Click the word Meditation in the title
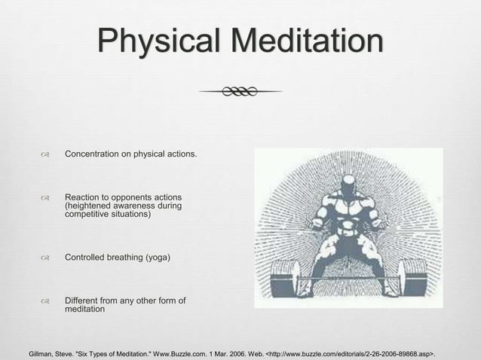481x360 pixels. [298, 41]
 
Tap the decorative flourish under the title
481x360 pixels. [240, 91]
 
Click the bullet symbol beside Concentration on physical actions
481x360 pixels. [45, 155]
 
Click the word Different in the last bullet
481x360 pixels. [84, 302]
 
